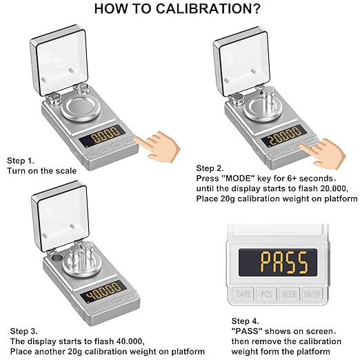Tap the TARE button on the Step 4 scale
click(243, 294)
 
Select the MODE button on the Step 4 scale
click(289, 294)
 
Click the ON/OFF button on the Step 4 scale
click(312, 294)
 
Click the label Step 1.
click(21, 159)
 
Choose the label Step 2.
click(210, 168)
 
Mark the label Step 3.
click(21, 330)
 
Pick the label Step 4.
click(245, 321)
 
